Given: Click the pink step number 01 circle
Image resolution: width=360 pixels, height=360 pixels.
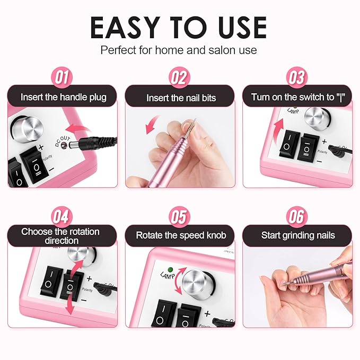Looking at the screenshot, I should (x=62, y=78).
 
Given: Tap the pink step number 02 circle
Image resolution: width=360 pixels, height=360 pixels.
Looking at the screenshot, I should (x=179, y=78).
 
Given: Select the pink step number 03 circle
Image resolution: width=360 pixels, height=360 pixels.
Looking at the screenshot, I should (x=297, y=78).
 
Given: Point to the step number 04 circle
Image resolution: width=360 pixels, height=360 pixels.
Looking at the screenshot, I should (x=62, y=216).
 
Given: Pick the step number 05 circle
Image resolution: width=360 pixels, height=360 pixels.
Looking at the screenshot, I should (x=179, y=216).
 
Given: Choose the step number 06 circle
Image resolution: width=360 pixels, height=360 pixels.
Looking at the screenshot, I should (x=297, y=216).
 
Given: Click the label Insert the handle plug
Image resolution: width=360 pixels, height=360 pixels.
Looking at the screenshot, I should (x=63, y=97).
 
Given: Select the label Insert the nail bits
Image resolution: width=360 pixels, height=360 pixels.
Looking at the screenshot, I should (x=181, y=98).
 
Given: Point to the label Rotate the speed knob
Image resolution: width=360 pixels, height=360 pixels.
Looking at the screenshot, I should (x=181, y=235).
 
